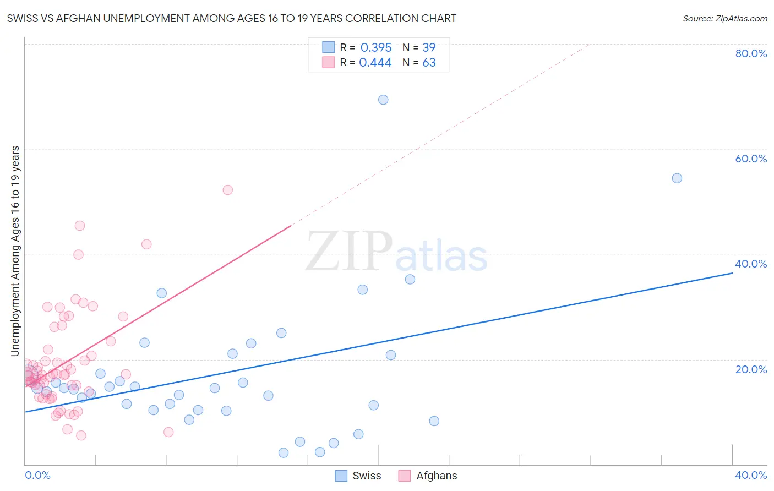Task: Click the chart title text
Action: (x=231, y=18)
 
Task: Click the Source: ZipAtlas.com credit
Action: (x=724, y=18)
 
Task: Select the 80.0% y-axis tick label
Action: (x=751, y=53)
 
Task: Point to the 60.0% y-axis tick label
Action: (x=751, y=159)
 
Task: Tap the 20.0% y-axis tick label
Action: (x=751, y=369)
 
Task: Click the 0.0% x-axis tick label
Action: (x=37, y=475)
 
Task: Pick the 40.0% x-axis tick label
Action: (x=751, y=475)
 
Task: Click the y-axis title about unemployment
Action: (x=15, y=251)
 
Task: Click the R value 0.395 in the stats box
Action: (x=376, y=47)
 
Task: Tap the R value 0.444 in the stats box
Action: (x=375, y=62)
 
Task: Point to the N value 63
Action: (x=429, y=62)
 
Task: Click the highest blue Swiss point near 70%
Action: (x=383, y=100)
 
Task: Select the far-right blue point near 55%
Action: (x=677, y=178)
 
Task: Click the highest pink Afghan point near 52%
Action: (x=227, y=190)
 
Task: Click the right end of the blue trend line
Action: (x=732, y=272)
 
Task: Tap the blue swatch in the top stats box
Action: (x=328, y=47)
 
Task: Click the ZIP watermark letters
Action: (x=349, y=252)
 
